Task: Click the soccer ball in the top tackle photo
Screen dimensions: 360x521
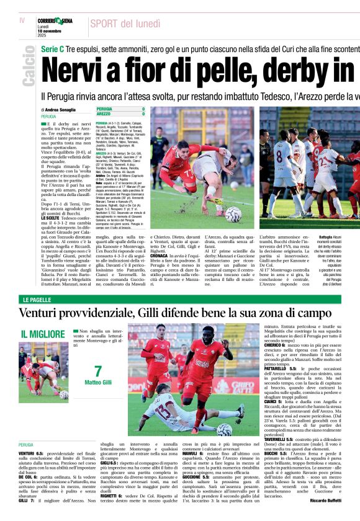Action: point(233,215)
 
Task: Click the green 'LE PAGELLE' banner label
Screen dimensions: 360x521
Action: point(36,300)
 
